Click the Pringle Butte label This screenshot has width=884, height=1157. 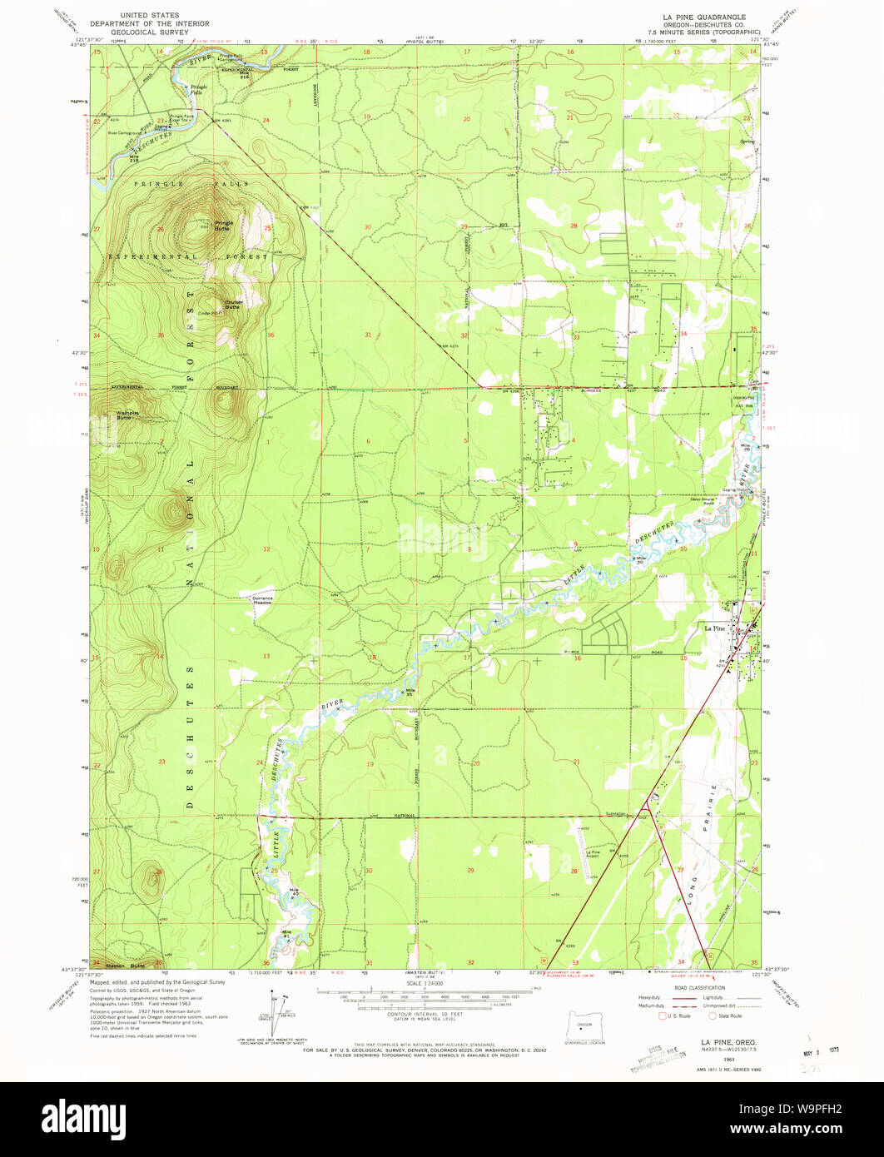(224, 226)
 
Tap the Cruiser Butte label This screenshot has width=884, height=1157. (233, 305)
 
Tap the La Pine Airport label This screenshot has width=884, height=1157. (593, 853)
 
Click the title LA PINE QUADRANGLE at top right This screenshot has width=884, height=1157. (704, 17)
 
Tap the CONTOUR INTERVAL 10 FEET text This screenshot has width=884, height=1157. (425, 1013)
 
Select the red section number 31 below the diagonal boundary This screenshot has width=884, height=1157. (367, 334)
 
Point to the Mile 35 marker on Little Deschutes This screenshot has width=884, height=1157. (409, 692)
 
